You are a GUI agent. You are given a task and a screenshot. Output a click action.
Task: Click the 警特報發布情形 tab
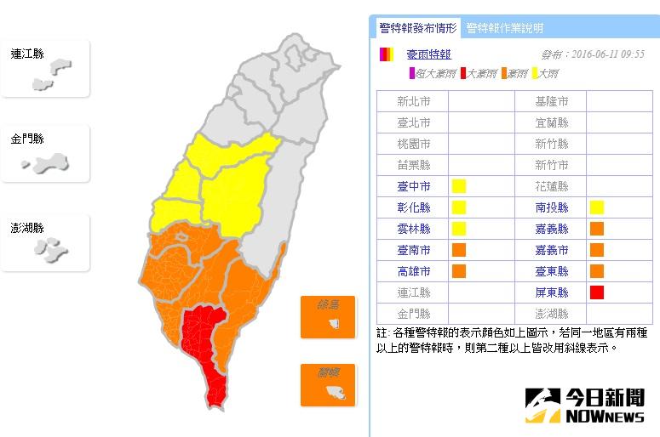tap(418, 28)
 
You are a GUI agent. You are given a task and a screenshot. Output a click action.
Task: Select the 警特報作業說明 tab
tap(505, 28)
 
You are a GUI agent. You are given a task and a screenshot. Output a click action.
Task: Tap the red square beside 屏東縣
tap(597, 292)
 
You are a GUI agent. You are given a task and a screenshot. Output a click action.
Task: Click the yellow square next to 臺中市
tap(459, 185)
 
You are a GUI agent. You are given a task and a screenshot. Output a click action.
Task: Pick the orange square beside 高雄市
tap(459, 271)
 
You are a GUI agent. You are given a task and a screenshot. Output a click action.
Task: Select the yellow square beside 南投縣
tap(597, 207)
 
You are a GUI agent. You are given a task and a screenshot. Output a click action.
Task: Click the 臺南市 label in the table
tap(414, 250)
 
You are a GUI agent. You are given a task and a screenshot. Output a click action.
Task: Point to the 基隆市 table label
tap(551, 101)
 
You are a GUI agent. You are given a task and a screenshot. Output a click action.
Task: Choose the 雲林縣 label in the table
tap(414, 229)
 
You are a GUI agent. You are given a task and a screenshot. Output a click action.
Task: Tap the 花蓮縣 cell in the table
tap(551, 186)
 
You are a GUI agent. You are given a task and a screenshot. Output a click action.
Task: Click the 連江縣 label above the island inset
tap(27, 54)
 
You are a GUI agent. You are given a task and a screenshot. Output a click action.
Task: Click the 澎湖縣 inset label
tap(27, 228)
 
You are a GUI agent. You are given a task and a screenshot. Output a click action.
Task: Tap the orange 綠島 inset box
tap(327, 316)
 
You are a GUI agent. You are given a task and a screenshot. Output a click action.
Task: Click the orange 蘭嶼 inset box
tap(327, 385)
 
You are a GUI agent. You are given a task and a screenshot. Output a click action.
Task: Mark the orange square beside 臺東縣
tap(597, 271)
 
